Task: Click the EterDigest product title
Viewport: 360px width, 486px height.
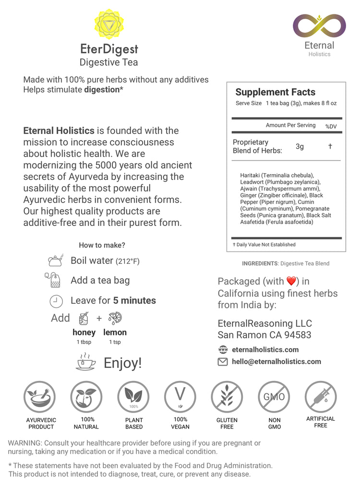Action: coord(109,49)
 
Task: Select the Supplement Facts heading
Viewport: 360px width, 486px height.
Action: coord(275,92)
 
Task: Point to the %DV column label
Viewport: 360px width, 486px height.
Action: coord(331,126)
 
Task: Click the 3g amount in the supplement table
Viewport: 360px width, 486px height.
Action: coord(300,146)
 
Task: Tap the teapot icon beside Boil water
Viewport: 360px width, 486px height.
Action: coord(55,261)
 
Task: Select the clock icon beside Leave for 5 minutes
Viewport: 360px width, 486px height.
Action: coord(56,301)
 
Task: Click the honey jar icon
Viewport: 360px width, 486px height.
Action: coord(84,318)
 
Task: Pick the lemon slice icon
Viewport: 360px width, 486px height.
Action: coord(115,318)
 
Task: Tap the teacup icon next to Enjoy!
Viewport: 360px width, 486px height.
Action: coord(86,362)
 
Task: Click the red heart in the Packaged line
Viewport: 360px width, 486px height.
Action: coord(291,281)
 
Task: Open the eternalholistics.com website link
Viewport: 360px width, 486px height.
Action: coord(265,349)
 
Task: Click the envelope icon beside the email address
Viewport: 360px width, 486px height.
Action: coord(223,362)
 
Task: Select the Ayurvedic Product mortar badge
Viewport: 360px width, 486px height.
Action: coord(40,397)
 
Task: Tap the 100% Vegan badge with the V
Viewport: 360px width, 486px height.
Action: coord(180,397)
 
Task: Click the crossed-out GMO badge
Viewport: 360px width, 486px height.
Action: coord(274,397)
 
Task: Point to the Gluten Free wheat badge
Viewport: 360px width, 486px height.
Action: coord(227,397)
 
